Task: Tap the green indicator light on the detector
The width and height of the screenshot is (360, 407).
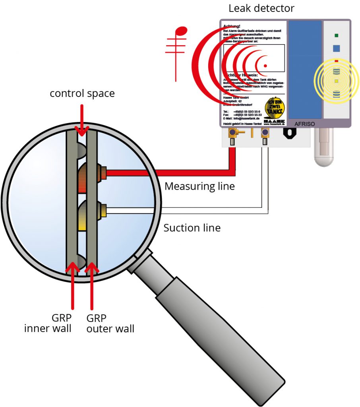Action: click(x=336, y=35)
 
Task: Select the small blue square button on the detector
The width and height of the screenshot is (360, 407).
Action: click(x=336, y=48)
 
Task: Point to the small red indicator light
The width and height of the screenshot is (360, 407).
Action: click(x=336, y=61)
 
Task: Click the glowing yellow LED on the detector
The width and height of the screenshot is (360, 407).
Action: click(x=336, y=81)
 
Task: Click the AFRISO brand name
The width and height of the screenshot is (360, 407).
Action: click(x=304, y=124)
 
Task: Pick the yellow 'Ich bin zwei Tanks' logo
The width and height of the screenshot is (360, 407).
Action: click(x=275, y=107)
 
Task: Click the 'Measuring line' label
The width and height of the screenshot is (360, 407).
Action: click(x=199, y=186)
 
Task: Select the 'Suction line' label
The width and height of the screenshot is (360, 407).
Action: click(x=192, y=228)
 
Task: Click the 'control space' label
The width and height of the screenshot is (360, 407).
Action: click(x=82, y=93)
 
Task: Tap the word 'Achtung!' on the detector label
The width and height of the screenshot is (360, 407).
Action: click(x=231, y=26)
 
